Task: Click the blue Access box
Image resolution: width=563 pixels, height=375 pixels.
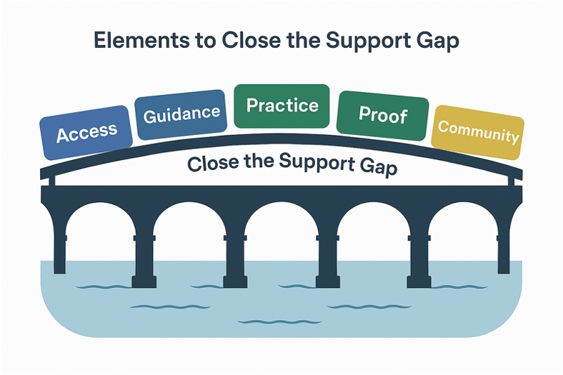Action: click(86, 132)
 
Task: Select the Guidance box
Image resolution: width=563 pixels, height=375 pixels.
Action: click(181, 114)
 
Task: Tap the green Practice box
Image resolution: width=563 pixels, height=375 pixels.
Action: click(281, 106)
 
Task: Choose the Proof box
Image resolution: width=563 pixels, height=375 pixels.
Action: click(382, 114)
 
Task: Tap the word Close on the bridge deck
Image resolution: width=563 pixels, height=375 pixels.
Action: click(212, 164)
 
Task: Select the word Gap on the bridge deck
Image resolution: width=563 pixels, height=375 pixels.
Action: click(375, 167)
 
